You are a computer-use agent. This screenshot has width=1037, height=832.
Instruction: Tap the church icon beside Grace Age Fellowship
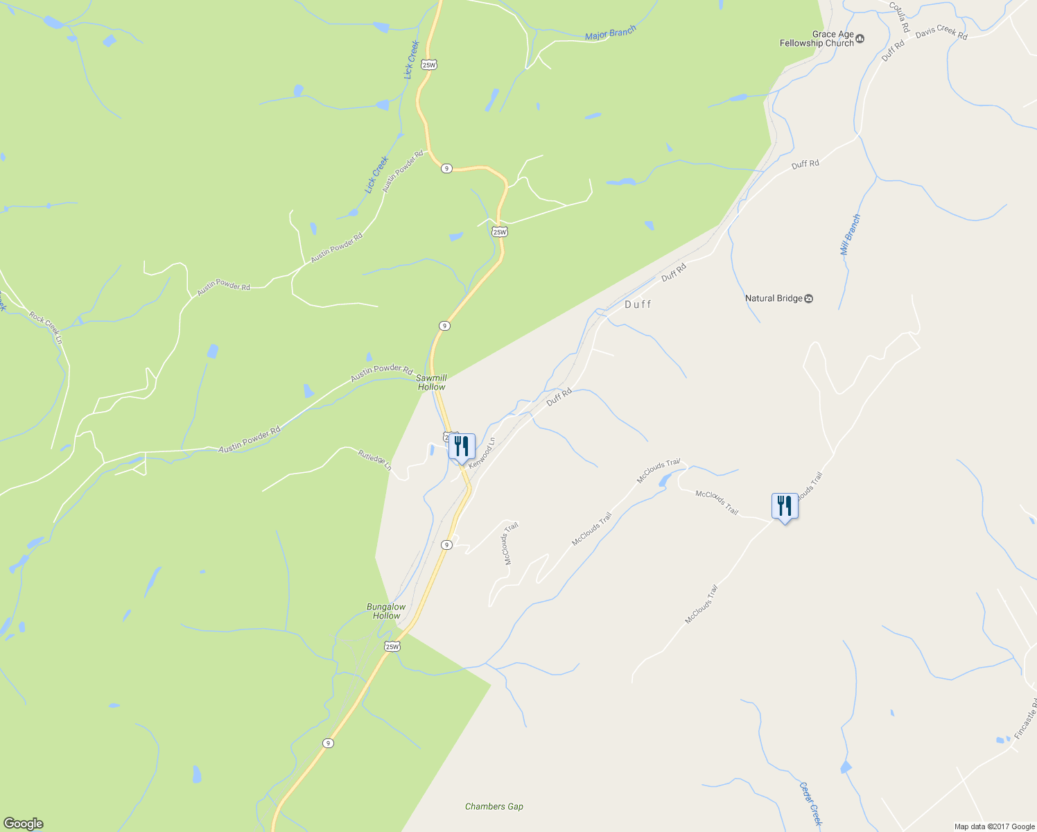click(x=860, y=39)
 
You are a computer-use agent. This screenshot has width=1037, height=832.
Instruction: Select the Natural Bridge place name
click(x=773, y=298)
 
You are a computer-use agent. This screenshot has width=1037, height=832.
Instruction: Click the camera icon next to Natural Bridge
click(x=808, y=298)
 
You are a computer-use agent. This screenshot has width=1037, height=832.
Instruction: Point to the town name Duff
click(x=638, y=304)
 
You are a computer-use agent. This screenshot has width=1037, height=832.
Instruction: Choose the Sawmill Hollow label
click(x=432, y=383)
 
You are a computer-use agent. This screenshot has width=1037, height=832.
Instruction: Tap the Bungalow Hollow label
click(x=386, y=611)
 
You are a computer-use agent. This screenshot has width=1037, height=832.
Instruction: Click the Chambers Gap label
click(x=494, y=806)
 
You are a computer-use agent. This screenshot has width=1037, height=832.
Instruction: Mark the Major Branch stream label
click(x=610, y=33)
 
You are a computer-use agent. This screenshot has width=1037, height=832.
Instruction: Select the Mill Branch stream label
click(x=851, y=234)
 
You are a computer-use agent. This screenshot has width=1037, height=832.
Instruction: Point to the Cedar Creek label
click(x=810, y=805)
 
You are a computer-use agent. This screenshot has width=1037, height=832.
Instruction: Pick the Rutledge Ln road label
click(x=374, y=460)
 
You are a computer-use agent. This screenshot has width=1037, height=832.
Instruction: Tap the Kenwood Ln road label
click(x=482, y=453)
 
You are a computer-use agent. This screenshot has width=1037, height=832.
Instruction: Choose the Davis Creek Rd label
click(x=941, y=33)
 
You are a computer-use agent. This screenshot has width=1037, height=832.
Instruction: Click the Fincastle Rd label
click(x=1027, y=718)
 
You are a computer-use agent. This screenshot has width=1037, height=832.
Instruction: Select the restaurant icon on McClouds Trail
click(x=785, y=506)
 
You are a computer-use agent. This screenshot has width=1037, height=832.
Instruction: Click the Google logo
click(x=23, y=824)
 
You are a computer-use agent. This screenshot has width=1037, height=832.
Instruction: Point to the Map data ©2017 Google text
click(x=994, y=826)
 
